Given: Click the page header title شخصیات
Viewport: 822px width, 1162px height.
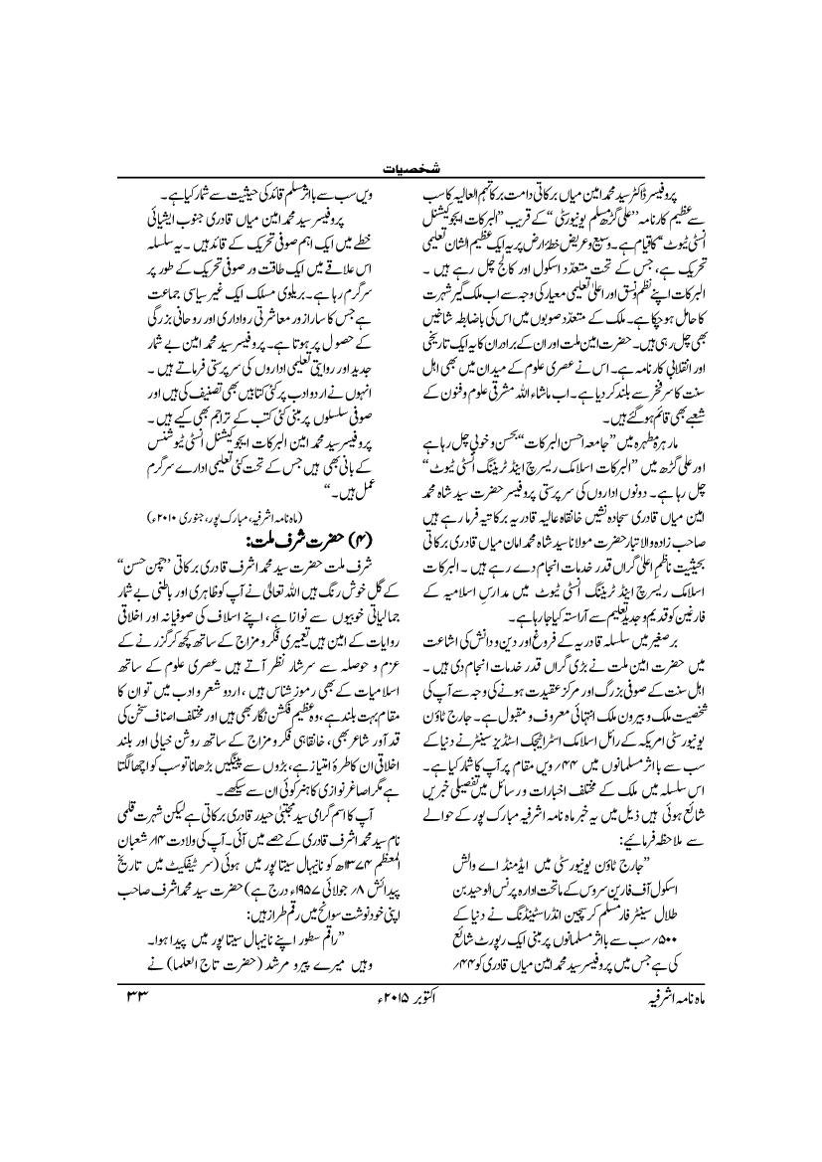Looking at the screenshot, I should pos(411,166).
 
